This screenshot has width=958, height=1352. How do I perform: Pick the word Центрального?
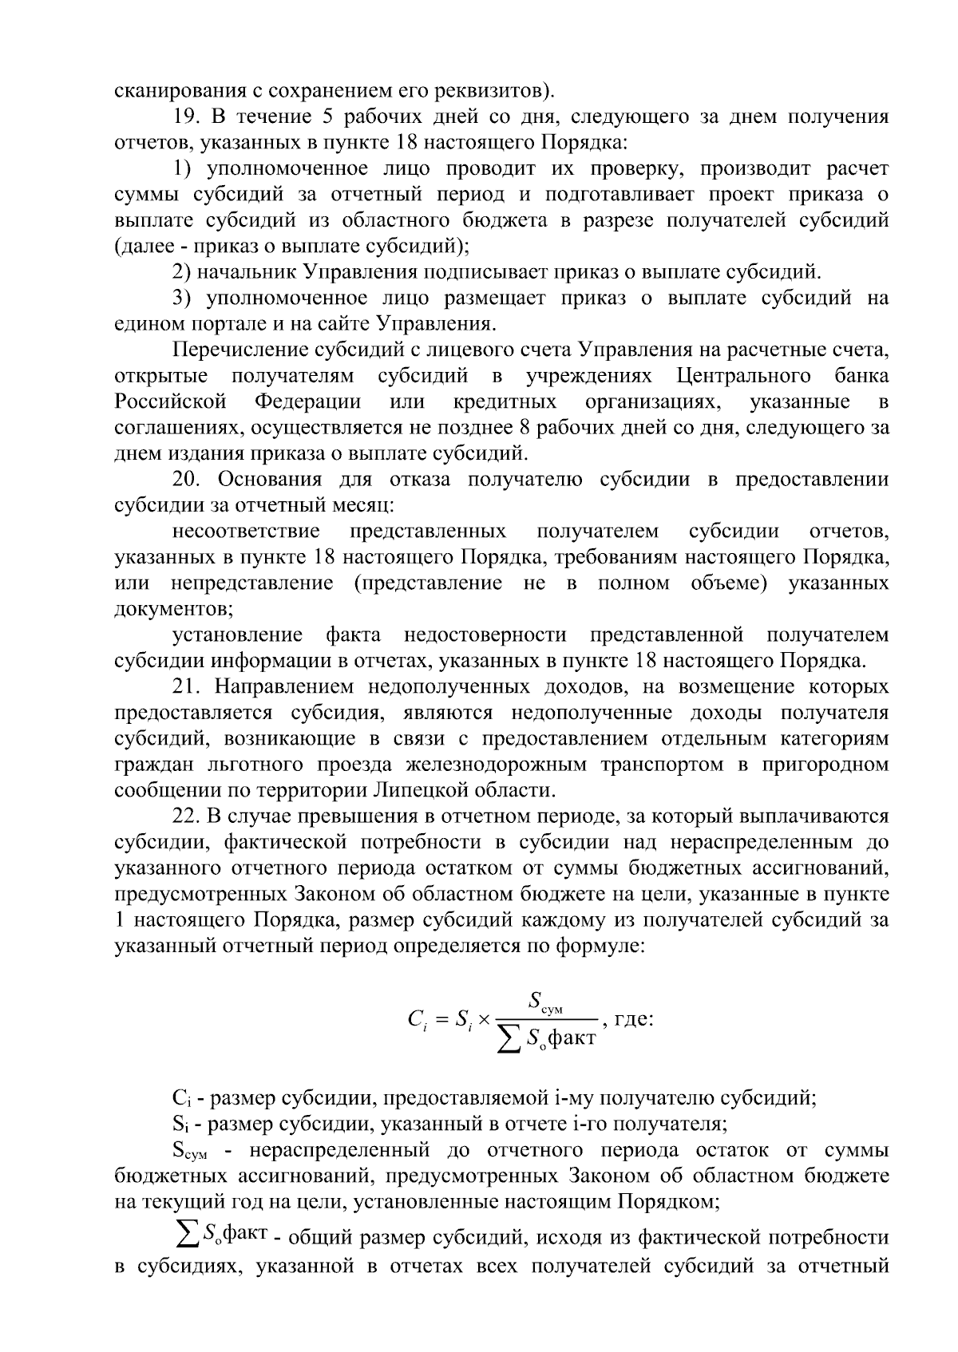pos(743,376)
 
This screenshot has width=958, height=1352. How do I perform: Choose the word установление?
pos(237,635)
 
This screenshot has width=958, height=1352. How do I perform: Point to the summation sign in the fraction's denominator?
pos(507,1039)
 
